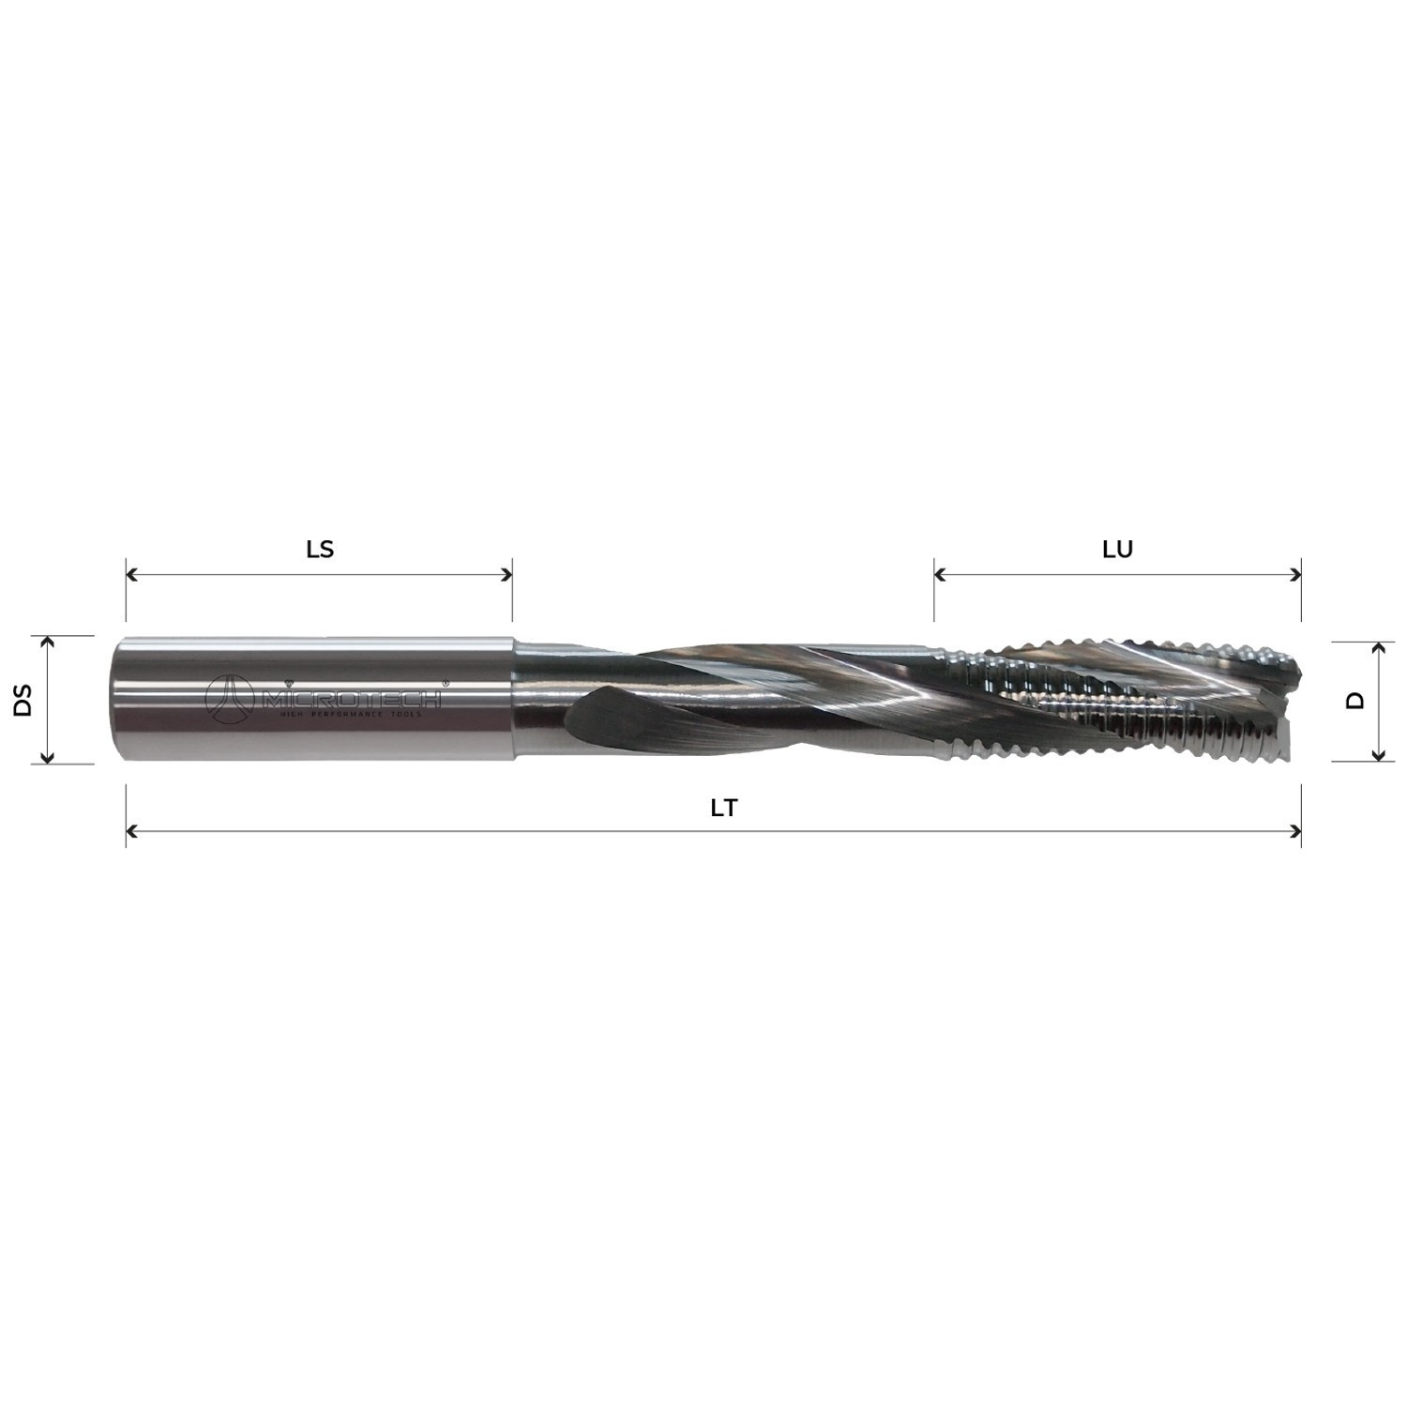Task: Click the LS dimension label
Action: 320,549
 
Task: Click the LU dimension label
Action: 1117,549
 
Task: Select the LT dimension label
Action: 723,808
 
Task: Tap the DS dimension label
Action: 23,700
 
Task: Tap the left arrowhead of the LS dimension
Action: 131,574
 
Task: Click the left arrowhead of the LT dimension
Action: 131,831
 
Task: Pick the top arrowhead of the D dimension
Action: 1378,648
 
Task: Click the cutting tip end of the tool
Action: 1294,699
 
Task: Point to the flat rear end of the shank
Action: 115,700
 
